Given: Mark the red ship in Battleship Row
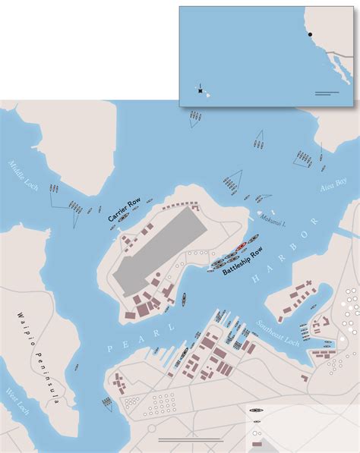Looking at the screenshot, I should click(x=241, y=247).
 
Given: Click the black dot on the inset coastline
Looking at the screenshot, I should click(x=310, y=35).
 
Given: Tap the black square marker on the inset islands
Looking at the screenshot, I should click(x=201, y=91).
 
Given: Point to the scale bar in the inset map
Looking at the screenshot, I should click(x=326, y=93).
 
